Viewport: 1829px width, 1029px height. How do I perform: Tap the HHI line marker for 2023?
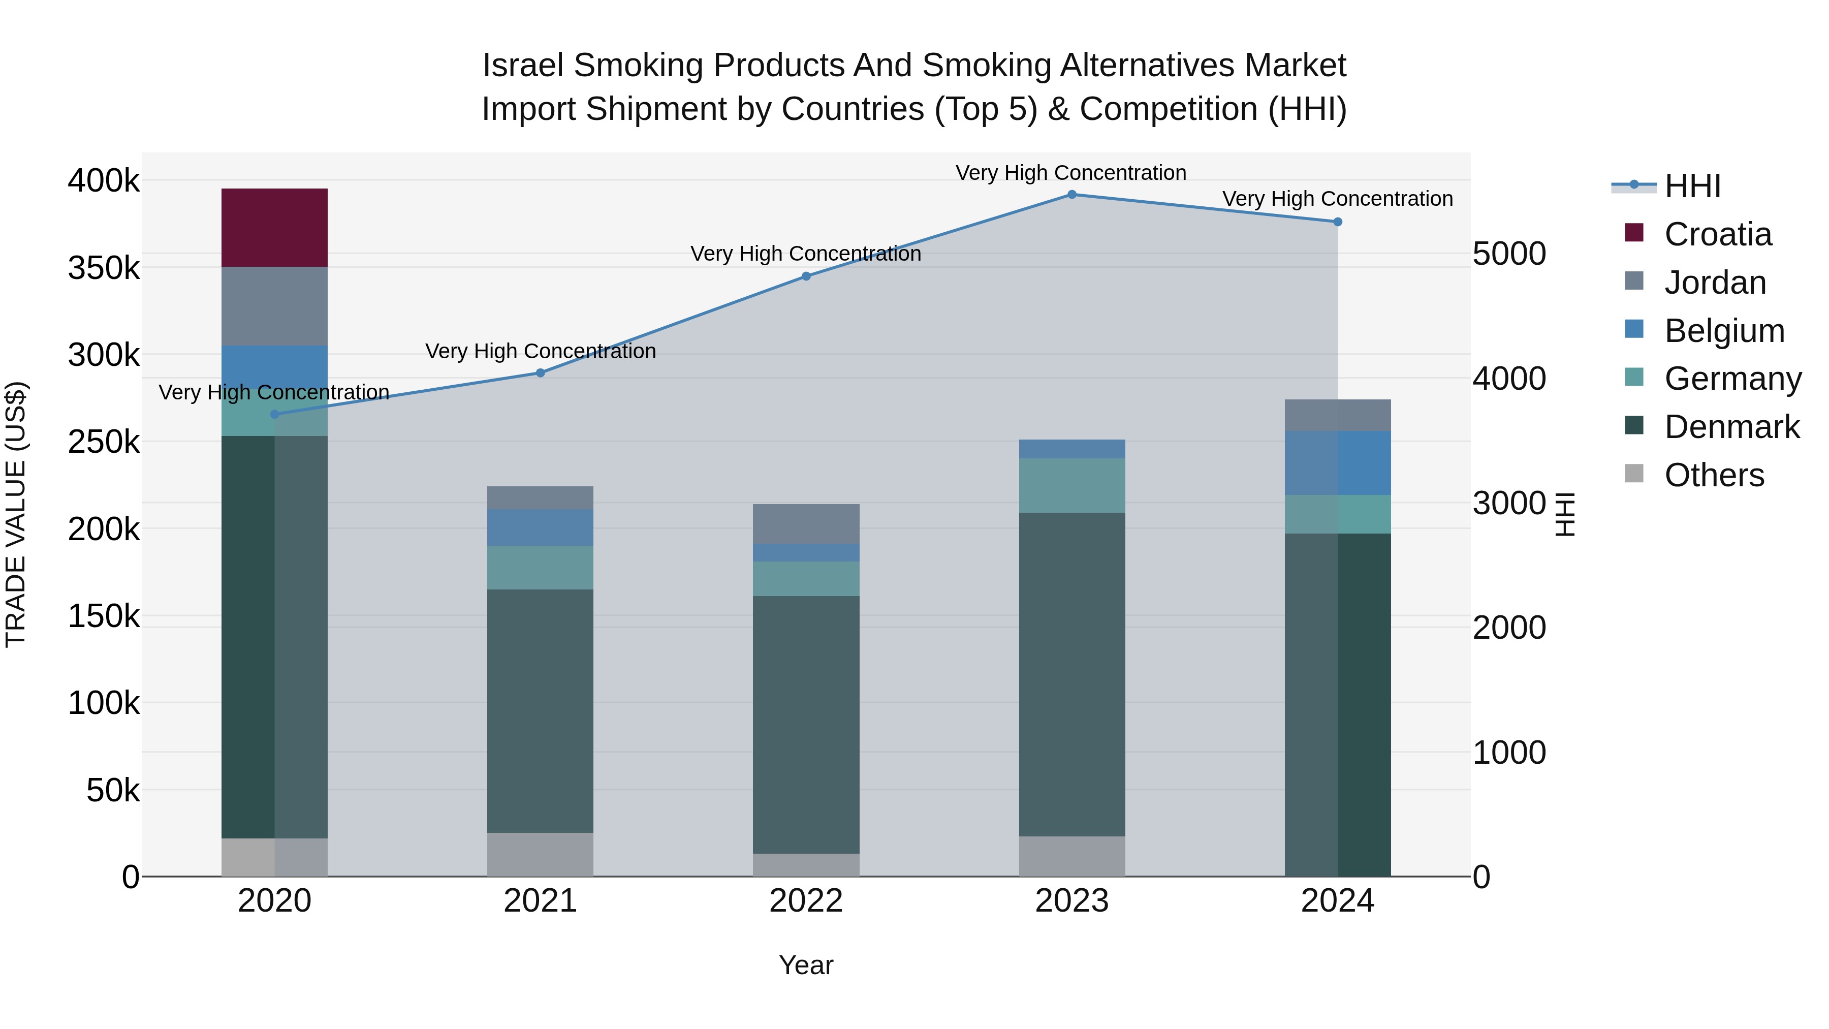click(x=1072, y=195)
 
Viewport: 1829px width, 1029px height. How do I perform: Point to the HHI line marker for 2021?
click(x=541, y=373)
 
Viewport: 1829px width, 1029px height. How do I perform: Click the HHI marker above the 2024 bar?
click(x=1338, y=222)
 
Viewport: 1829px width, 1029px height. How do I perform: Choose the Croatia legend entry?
click(x=1718, y=234)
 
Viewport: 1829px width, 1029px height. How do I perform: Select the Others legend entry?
click(x=1714, y=475)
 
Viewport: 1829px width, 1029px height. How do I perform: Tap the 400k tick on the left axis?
click(x=104, y=181)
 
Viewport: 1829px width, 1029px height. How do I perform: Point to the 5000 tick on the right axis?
click(x=1509, y=254)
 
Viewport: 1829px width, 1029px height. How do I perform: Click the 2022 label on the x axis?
click(x=806, y=901)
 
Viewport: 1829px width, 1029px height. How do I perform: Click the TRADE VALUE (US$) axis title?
click(x=16, y=514)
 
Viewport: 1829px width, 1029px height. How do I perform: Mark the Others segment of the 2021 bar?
click(x=541, y=854)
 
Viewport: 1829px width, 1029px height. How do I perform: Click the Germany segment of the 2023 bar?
click(x=1072, y=486)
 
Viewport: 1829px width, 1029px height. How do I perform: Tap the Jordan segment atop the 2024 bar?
click(x=1338, y=416)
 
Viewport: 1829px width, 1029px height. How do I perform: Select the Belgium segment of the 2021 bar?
click(x=541, y=527)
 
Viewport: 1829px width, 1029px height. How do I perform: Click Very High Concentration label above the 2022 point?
click(x=806, y=254)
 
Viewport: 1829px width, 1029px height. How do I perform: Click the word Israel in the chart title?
click(x=523, y=66)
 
